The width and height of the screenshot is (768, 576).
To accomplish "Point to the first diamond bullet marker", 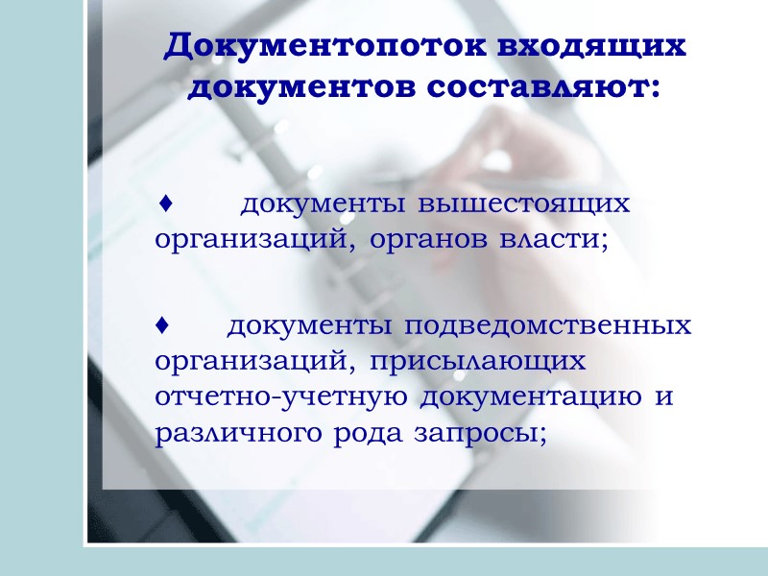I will pyautogui.click(x=165, y=204).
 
